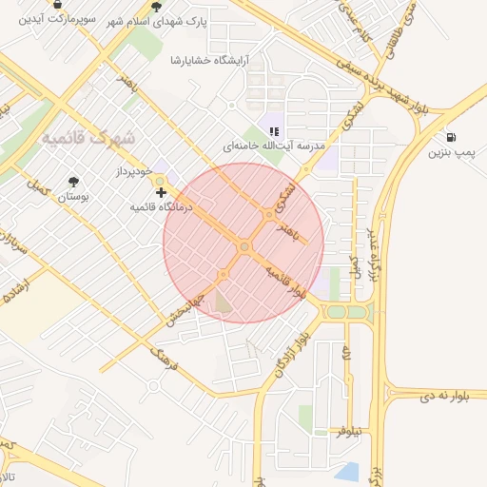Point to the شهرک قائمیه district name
88,138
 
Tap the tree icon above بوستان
73,182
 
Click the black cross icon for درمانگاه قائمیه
161,192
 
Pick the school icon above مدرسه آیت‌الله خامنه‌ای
274,131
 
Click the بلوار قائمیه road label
286,282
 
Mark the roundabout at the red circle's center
244,247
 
